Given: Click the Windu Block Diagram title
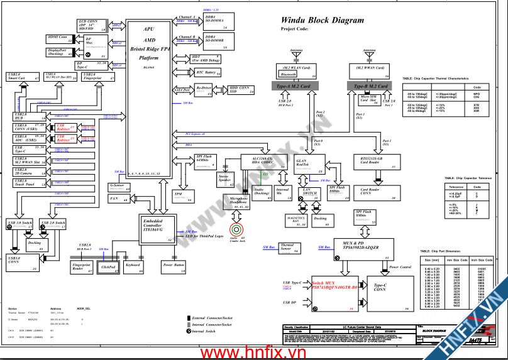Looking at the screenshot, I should (322, 20).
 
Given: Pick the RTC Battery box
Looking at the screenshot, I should (203, 73).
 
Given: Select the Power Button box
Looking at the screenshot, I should (173, 267).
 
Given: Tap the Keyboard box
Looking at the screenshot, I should (133, 267).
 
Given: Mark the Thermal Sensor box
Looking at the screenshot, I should (287, 248).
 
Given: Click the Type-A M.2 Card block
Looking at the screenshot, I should (293, 85).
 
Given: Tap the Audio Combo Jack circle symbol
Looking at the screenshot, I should (237, 229).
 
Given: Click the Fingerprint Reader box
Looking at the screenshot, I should (81, 267).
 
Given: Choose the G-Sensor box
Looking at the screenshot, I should (119, 187).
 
